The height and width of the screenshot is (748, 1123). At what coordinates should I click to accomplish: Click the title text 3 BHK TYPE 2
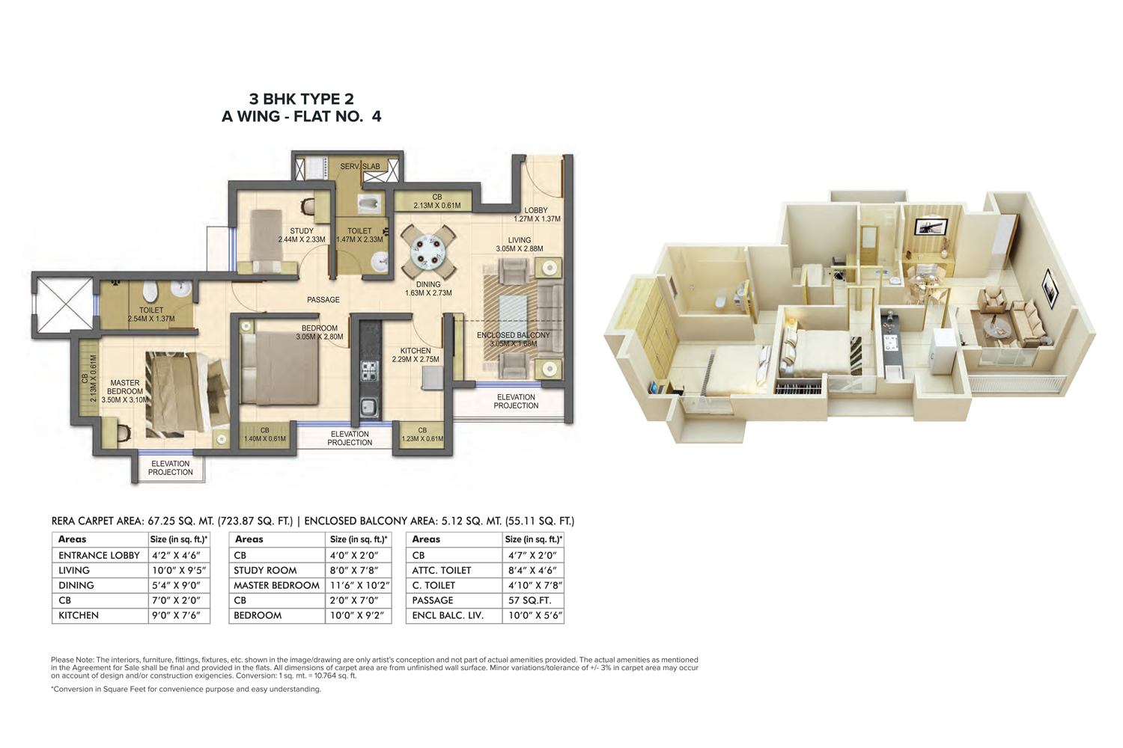click(x=301, y=99)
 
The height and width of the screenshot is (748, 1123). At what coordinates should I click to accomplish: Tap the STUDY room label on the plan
click(x=302, y=231)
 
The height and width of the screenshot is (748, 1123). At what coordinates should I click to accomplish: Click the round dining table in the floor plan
click(x=429, y=251)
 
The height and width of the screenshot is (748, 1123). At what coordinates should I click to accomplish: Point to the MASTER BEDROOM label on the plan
click(x=125, y=387)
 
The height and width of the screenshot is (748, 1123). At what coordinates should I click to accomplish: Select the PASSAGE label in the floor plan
click(x=323, y=300)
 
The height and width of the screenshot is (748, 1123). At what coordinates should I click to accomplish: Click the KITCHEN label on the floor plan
click(x=415, y=351)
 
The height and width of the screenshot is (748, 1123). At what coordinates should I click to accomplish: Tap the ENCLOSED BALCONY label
click(x=514, y=334)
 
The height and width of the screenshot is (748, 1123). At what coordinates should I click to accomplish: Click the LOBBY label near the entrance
click(x=536, y=210)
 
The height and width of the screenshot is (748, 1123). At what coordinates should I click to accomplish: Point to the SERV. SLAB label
click(x=360, y=166)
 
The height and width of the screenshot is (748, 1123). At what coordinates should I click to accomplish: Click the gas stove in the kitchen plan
click(x=370, y=371)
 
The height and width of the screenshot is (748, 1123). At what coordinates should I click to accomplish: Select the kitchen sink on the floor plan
click(x=370, y=407)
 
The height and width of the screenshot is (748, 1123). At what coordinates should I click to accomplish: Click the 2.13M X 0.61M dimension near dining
click(x=437, y=206)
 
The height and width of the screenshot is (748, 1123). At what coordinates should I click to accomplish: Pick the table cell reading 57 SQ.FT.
click(x=529, y=600)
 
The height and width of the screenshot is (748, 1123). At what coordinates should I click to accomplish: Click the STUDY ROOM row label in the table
click(x=265, y=570)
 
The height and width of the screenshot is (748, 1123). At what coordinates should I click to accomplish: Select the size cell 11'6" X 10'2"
click(x=359, y=585)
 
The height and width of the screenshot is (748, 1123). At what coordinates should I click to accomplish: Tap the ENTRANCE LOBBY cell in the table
click(x=99, y=555)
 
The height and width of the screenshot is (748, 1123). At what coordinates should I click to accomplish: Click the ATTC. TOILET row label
click(x=441, y=570)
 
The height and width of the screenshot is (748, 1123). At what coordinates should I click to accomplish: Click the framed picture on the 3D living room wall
click(x=1050, y=289)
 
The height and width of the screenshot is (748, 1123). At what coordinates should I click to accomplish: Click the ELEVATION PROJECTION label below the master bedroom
click(x=171, y=468)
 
